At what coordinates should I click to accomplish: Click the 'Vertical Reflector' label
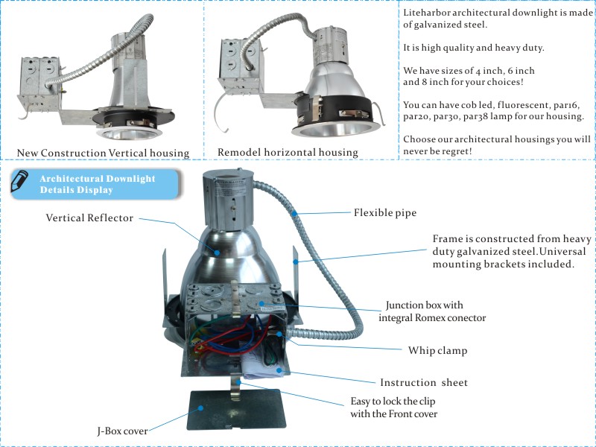[x=89, y=218]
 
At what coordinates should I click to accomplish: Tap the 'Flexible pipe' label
[x=384, y=212]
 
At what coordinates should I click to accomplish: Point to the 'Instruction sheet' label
[x=424, y=382]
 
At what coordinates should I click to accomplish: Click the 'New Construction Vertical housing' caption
[x=102, y=153]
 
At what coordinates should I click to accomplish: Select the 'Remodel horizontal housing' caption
[x=288, y=152]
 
